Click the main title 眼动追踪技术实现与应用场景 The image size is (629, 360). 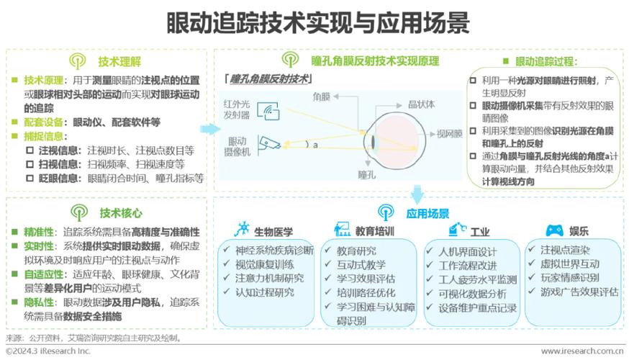(317, 22)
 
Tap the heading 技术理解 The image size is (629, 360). (119, 62)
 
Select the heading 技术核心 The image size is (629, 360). (121, 213)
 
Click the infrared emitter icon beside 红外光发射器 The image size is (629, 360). (268, 111)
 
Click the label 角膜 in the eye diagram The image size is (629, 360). (321, 96)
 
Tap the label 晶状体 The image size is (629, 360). (421, 104)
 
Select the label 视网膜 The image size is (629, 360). (449, 134)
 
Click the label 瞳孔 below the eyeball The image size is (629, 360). (366, 175)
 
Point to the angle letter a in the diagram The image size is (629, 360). (315, 145)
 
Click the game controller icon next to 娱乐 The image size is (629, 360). (554, 231)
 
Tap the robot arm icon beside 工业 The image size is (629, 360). (457, 230)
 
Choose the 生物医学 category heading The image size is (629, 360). (273, 232)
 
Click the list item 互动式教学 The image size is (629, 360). (361, 265)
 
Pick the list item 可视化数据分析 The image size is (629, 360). (472, 294)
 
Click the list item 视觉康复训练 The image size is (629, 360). (264, 264)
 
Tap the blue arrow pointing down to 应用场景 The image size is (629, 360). (417, 194)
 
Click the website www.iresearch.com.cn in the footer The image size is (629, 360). (582, 351)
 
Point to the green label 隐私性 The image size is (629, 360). (39, 302)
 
